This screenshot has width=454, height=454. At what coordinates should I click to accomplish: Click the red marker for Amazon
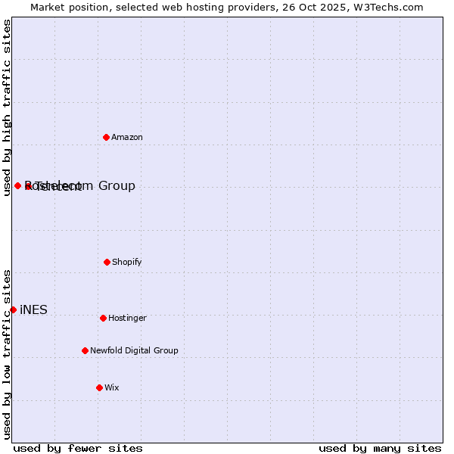click(106, 137)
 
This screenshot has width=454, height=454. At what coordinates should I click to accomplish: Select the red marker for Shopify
click(107, 262)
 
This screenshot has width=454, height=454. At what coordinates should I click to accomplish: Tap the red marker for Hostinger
click(103, 318)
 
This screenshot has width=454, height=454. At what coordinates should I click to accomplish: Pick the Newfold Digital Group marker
click(85, 350)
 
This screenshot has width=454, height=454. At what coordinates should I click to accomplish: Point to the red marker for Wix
click(99, 387)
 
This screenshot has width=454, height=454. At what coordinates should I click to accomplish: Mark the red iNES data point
click(13, 309)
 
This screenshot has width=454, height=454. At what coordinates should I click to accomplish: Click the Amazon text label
click(127, 137)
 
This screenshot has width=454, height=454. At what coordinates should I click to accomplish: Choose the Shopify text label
click(127, 262)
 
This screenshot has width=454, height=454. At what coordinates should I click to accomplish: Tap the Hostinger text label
click(127, 318)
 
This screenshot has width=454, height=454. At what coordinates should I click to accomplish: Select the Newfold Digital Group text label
click(134, 350)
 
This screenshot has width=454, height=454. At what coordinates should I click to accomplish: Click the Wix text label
click(112, 387)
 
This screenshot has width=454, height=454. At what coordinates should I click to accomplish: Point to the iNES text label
click(33, 309)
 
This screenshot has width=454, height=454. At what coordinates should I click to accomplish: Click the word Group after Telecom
click(117, 185)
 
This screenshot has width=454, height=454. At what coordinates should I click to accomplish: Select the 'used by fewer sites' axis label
click(78, 448)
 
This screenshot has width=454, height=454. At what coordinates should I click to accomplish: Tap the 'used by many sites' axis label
click(380, 448)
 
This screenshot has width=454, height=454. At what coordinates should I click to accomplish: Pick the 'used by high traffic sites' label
click(7, 107)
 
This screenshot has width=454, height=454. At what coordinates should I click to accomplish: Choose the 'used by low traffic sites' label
click(7, 354)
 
